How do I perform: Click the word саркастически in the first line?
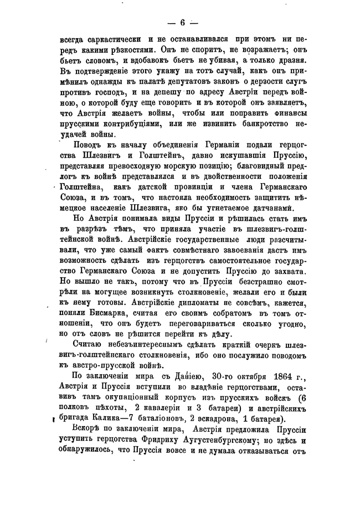click(x=112, y=40)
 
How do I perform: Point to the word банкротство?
click(x=260, y=123)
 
